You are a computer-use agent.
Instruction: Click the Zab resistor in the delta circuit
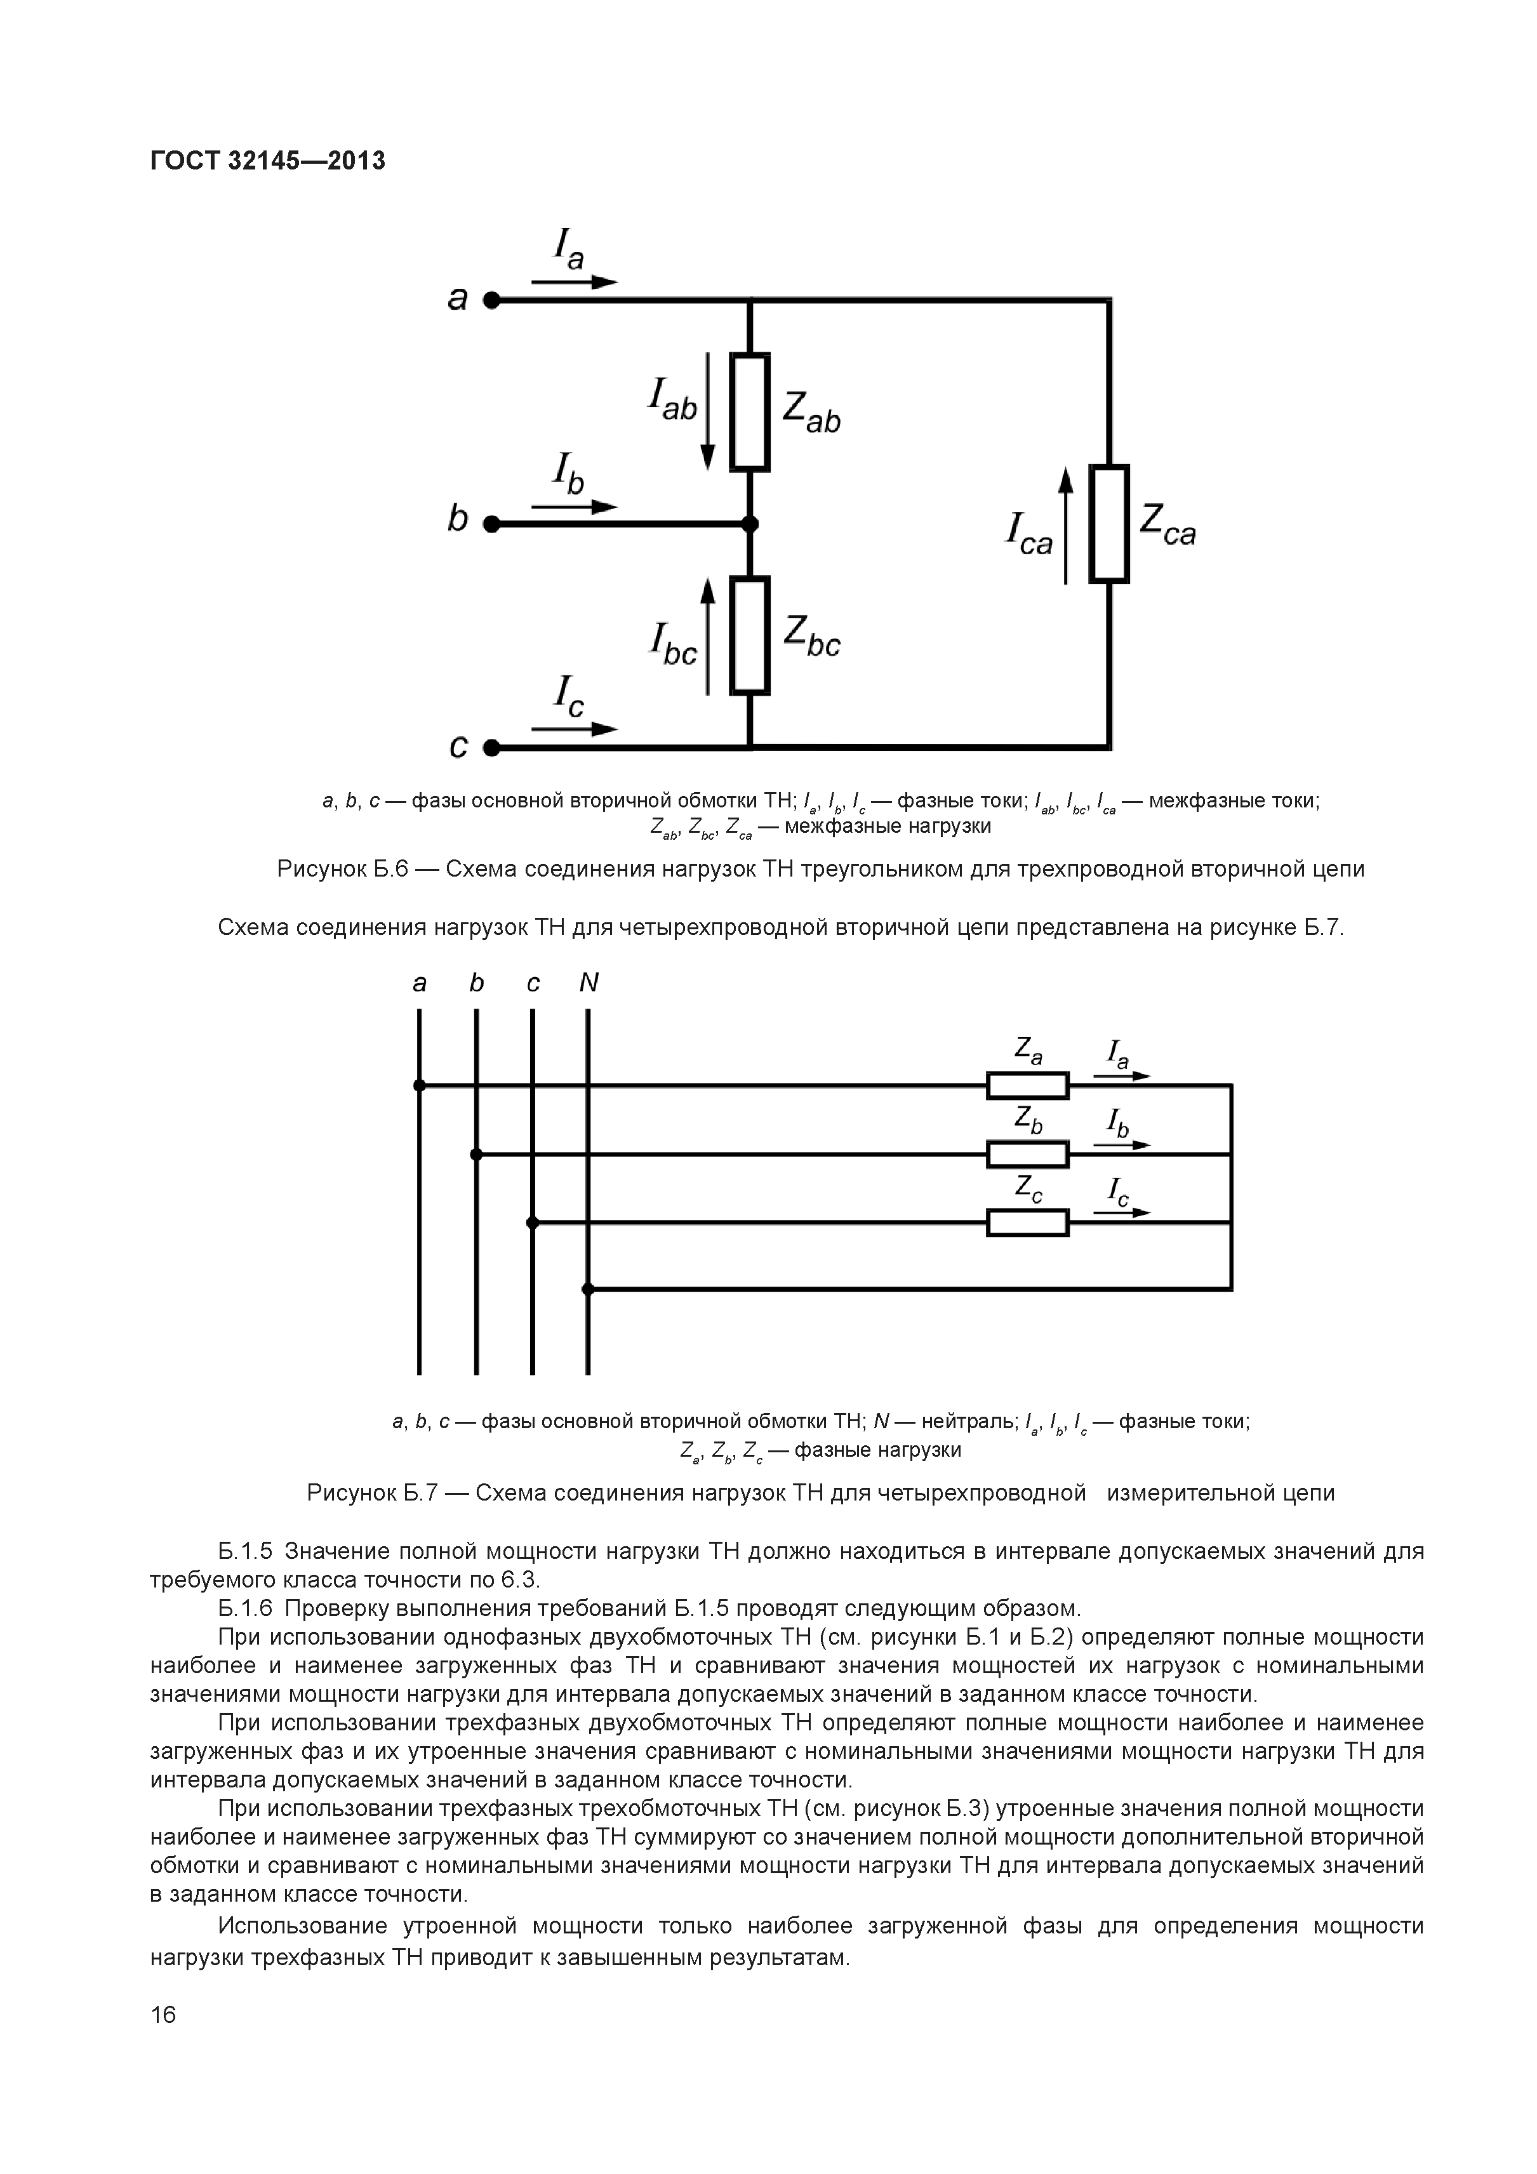[x=749, y=412]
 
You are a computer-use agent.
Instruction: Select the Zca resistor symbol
[x=1109, y=524]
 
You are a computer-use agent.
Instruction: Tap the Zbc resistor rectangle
[x=749, y=635]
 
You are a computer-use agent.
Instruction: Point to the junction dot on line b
[x=749, y=524]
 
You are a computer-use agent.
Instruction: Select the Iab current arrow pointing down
[x=707, y=412]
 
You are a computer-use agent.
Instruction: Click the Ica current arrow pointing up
[x=1067, y=526]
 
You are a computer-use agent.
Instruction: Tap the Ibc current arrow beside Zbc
[x=707, y=635]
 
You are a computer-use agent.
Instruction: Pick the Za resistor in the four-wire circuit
[x=1027, y=1085]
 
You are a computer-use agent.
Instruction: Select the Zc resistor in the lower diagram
[x=1027, y=1223]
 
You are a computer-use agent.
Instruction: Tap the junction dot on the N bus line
[x=588, y=1289]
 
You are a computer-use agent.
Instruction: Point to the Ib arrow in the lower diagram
[x=1122, y=1144]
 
